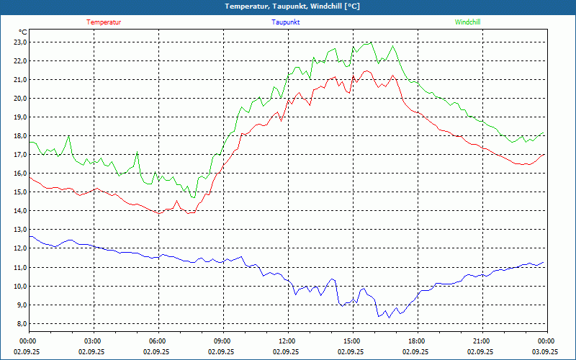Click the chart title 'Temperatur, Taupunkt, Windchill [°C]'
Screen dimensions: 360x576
[292, 6]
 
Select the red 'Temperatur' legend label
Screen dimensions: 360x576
[104, 22]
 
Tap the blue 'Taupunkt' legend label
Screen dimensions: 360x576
[286, 22]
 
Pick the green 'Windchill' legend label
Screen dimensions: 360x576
[467, 22]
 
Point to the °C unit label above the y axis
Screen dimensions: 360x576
[23, 32]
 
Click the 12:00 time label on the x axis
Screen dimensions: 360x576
[287, 341]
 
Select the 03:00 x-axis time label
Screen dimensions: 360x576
[93, 341]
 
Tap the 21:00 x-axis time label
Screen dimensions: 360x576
[481, 341]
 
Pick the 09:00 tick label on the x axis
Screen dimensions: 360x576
[222, 341]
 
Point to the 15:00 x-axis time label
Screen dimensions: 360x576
[351, 341]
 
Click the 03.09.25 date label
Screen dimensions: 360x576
[545, 352]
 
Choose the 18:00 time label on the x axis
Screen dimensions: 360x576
[416, 341]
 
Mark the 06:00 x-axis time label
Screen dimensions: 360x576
[157, 341]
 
